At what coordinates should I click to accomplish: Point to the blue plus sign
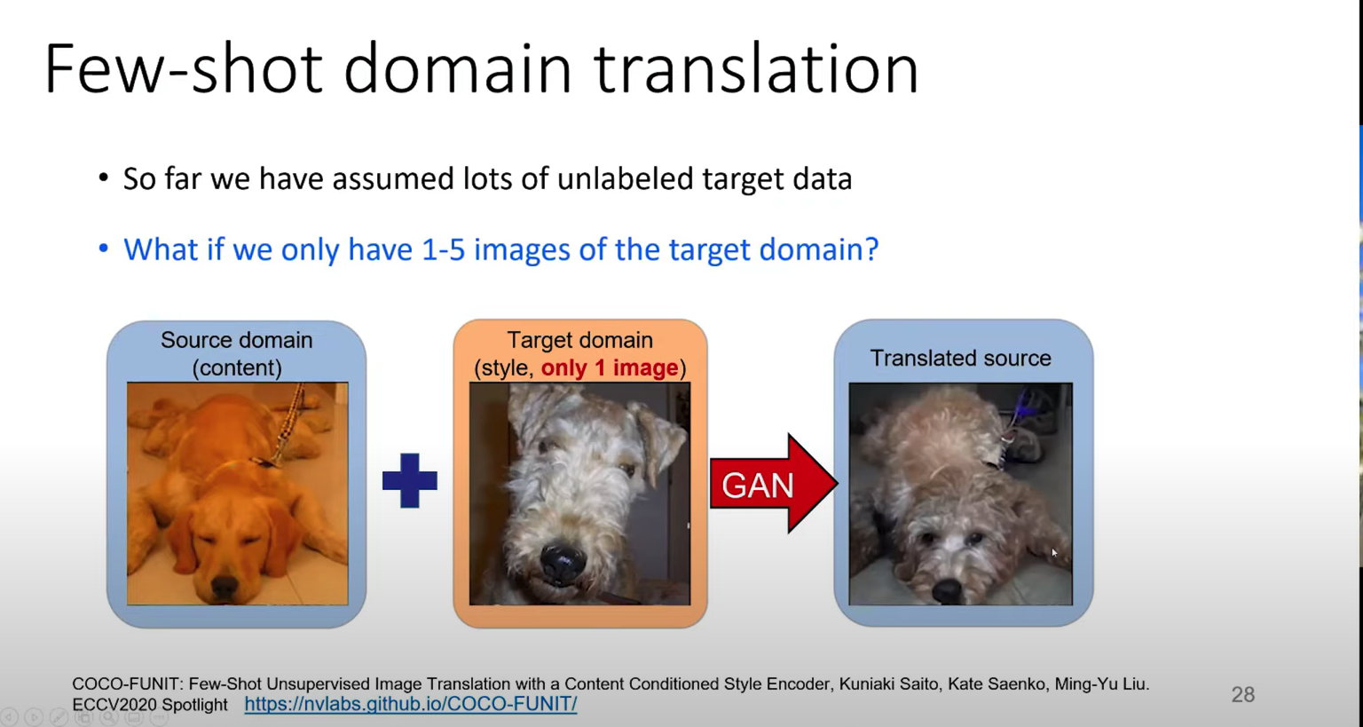click(x=409, y=480)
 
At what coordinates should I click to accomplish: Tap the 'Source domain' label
click(x=237, y=340)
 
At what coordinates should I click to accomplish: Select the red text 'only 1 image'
click(x=610, y=367)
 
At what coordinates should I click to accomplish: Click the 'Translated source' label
click(x=961, y=358)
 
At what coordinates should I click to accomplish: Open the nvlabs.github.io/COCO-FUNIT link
click(x=411, y=704)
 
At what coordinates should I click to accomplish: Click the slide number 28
click(x=1243, y=694)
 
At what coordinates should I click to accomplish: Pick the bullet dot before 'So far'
click(x=104, y=178)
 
